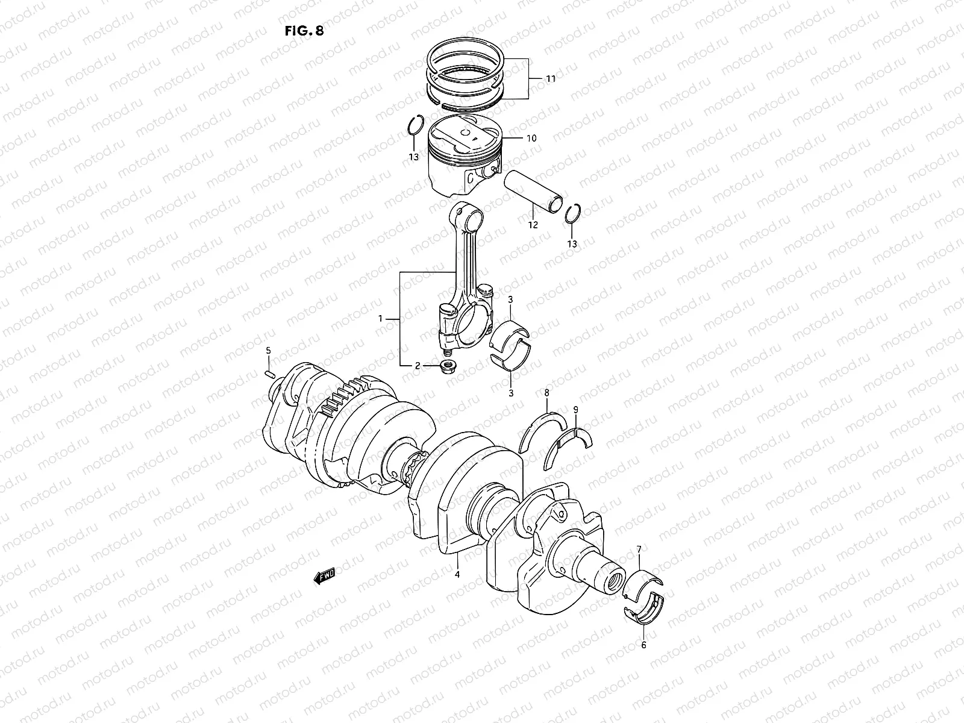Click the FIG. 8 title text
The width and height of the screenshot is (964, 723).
tap(304, 31)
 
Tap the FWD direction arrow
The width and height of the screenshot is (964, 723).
tap(324, 577)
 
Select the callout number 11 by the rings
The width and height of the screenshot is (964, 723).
tap(551, 79)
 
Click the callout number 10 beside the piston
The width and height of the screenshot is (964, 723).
tap(531, 138)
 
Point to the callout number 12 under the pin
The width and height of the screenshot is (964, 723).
tap(533, 225)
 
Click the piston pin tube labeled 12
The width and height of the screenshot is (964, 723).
tap(536, 190)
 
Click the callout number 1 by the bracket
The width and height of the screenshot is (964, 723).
tap(380, 318)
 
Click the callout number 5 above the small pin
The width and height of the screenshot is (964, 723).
tap(269, 350)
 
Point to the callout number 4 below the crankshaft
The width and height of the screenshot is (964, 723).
tap(457, 574)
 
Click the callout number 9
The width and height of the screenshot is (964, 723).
tap(575, 410)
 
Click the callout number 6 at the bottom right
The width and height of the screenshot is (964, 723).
tap(643, 645)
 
